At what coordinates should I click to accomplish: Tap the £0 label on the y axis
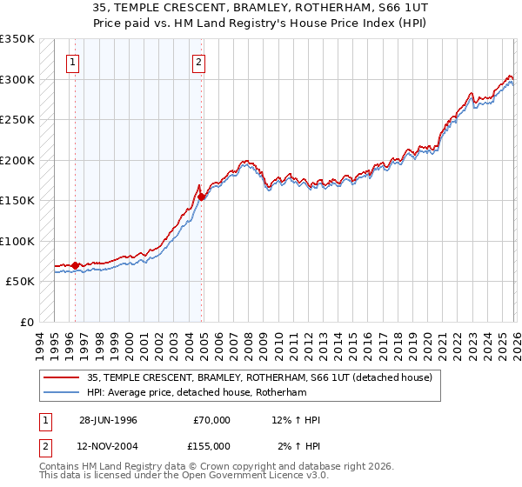tap(26, 322)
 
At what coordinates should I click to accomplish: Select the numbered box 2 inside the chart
tap(199, 62)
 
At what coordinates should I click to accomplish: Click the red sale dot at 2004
tap(202, 197)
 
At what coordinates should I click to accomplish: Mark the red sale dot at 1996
tap(76, 265)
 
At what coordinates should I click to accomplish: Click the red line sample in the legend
tap(62, 377)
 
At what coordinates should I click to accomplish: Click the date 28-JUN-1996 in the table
tap(108, 420)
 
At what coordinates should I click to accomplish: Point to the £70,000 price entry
tap(211, 420)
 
